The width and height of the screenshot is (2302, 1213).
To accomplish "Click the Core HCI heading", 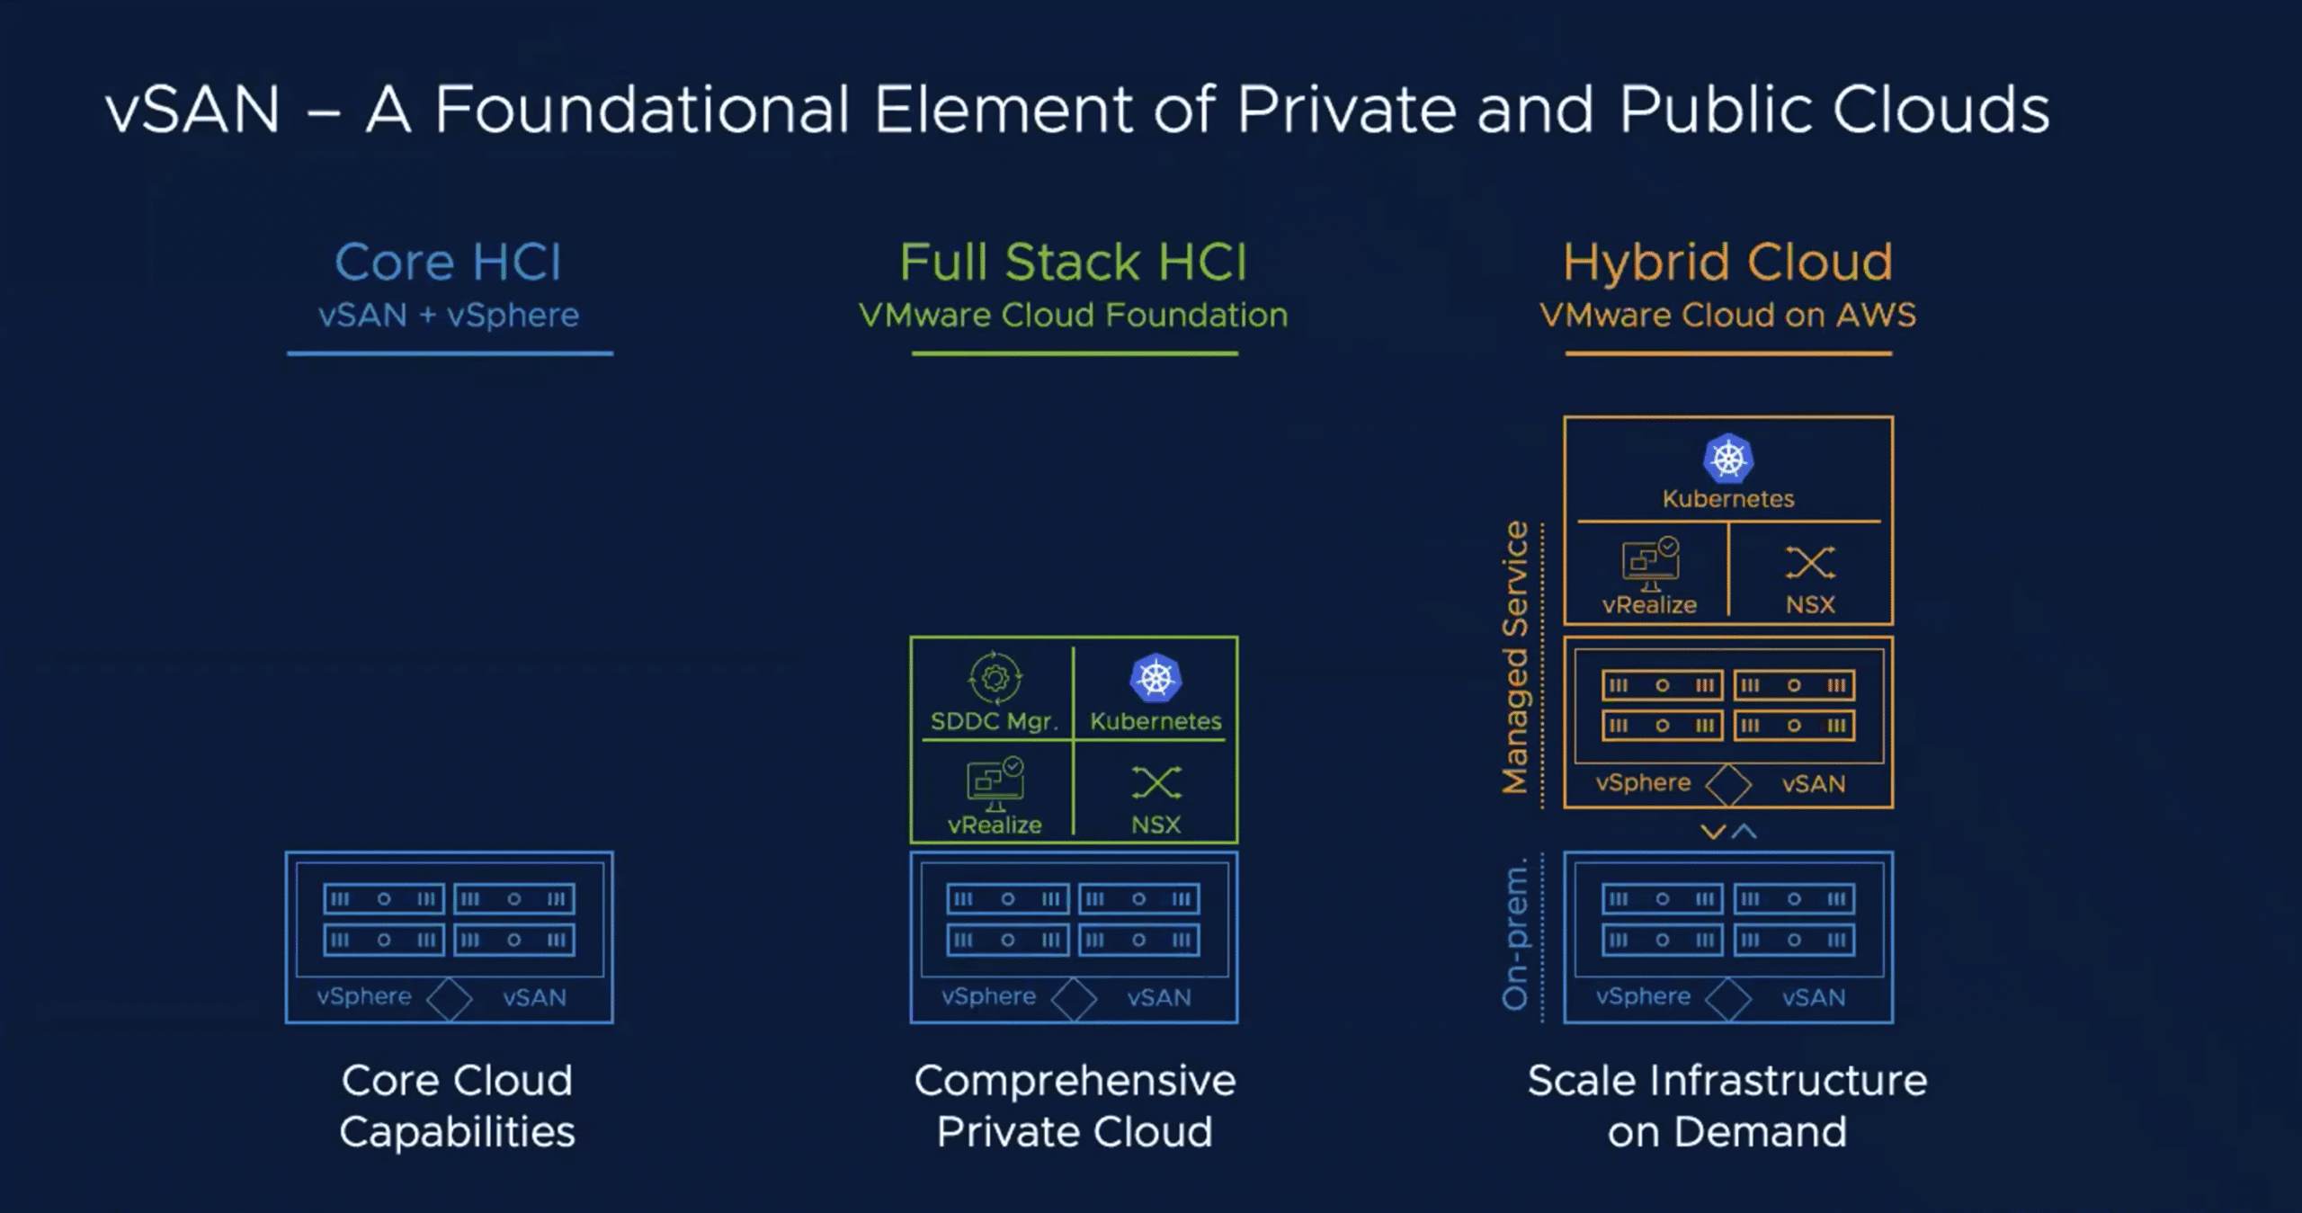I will click(448, 263).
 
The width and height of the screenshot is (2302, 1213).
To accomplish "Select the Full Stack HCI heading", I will click(1074, 263).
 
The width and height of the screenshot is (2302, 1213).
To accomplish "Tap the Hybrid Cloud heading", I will click(1727, 263).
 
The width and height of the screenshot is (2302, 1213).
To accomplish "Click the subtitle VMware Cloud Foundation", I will click(1074, 316).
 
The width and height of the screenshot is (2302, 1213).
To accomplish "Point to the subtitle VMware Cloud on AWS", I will click(1727, 316).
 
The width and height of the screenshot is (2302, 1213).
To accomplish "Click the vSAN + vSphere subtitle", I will click(448, 316).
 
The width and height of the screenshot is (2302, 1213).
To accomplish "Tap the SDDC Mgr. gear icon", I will click(995, 677).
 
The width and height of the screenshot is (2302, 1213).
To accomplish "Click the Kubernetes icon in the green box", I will click(1155, 677).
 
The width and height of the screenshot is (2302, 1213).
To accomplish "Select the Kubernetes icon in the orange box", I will click(1727, 459).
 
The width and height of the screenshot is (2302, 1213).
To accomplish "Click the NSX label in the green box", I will click(1155, 825).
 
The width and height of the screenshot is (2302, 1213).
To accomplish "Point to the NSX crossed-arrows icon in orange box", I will click(1809, 563).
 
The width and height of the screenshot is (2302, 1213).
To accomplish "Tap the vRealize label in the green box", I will click(995, 825).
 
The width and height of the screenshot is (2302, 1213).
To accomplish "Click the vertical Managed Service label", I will click(1516, 657).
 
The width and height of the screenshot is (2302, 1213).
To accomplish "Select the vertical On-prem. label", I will click(1516, 934).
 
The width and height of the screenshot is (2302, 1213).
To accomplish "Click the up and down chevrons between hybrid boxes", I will click(1728, 832).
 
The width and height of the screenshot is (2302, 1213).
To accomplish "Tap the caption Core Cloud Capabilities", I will click(457, 1105).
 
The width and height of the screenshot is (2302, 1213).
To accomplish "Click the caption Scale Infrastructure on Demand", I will click(1727, 1105).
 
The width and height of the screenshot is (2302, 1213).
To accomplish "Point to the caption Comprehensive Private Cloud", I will click(1075, 1105).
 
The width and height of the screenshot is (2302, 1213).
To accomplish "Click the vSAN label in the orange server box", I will click(1814, 784).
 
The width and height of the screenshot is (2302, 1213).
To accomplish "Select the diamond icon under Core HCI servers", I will click(449, 999).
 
